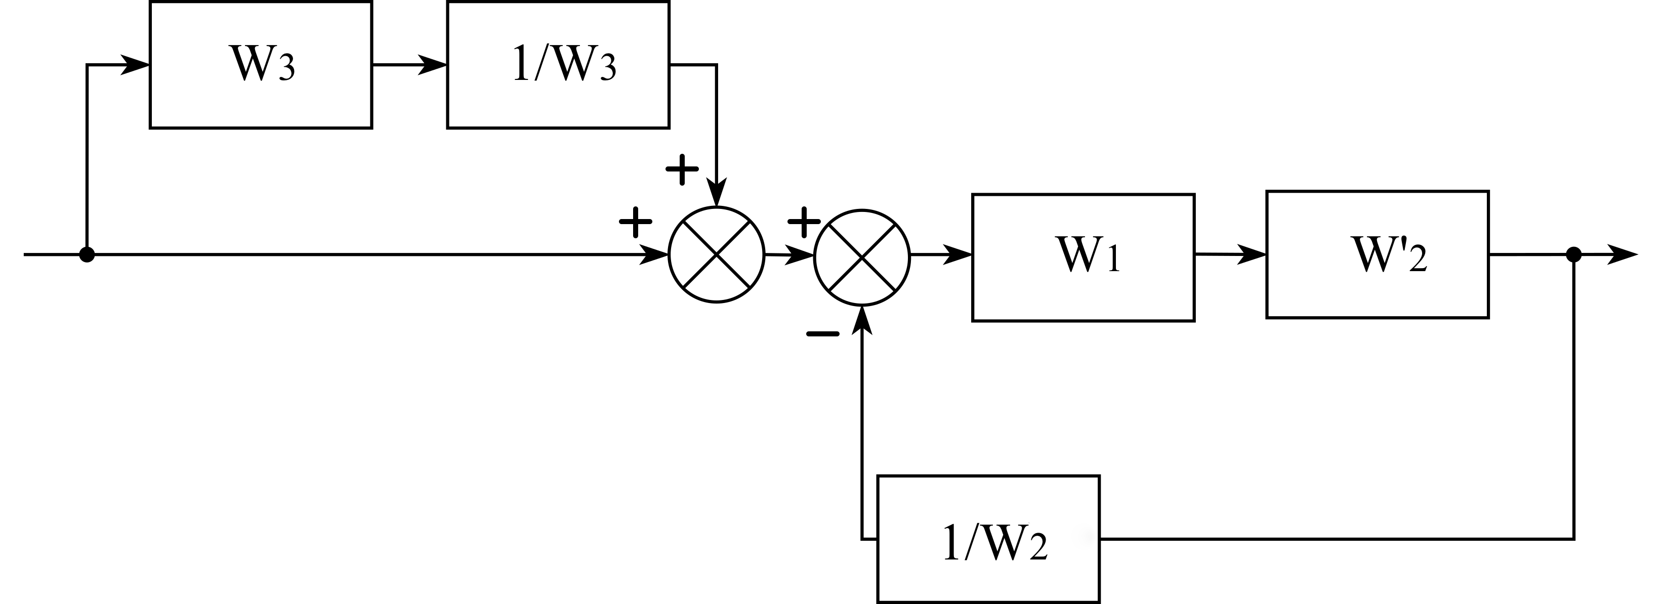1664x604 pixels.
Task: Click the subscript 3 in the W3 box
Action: (x=285, y=68)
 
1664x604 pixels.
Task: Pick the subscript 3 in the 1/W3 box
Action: (x=607, y=68)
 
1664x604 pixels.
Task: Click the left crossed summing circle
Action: (x=717, y=254)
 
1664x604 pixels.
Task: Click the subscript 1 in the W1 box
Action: (x=1112, y=258)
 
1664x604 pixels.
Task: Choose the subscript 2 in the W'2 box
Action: (x=1417, y=258)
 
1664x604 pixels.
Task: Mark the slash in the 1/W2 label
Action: (x=970, y=543)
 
